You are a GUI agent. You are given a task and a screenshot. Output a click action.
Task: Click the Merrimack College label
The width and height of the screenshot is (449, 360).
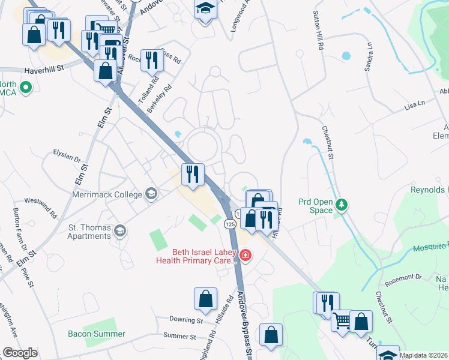coord(107,194)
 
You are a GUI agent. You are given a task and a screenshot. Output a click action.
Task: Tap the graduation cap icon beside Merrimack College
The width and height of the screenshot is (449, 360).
coord(151,194)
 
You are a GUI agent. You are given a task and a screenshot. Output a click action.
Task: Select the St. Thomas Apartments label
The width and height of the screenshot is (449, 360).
coord(89,232)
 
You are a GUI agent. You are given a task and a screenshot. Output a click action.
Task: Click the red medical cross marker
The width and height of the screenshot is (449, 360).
coord(245,256)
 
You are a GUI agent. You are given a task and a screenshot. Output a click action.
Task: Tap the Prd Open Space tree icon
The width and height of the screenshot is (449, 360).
coord(342,205)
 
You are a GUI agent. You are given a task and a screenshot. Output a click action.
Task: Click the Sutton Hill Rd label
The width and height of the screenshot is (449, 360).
coord(319,29)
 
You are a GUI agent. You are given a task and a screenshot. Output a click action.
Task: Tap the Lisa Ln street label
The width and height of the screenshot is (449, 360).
coord(415,104)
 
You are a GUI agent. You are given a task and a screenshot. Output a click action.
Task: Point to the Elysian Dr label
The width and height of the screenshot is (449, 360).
coord(67,157)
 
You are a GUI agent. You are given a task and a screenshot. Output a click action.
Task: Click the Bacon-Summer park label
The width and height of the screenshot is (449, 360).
coord(97,334)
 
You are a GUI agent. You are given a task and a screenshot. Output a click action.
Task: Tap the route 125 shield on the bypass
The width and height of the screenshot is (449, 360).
coord(229,224)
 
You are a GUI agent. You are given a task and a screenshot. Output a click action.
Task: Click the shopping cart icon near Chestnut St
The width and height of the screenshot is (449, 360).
coord(342,320)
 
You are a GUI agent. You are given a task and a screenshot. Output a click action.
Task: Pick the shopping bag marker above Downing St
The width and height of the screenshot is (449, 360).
coord(205,298)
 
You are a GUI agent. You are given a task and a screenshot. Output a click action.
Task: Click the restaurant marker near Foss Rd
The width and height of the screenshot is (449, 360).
coord(152,59)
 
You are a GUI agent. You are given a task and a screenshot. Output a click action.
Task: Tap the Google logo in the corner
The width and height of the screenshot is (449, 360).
coord(20,353)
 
